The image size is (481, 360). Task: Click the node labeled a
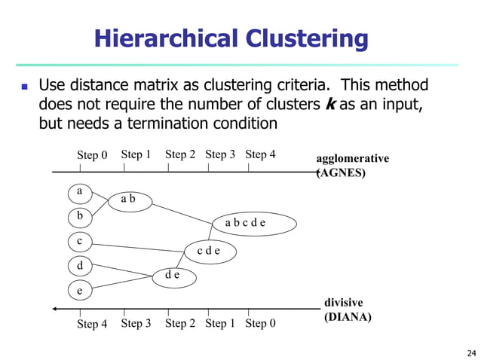click(80, 192)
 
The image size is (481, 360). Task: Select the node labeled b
click(80, 217)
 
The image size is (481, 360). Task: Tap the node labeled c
click(80, 242)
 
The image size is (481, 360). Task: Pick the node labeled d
click(80, 266)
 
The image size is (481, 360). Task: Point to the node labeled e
click(80, 290)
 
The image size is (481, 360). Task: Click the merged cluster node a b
click(128, 200)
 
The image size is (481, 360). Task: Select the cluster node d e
click(173, 276)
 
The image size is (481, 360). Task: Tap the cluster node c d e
click(209, 251)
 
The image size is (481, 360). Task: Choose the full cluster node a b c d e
click(245, 223)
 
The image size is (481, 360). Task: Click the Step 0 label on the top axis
click(92, 155)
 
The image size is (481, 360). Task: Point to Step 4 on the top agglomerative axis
click(260, 154)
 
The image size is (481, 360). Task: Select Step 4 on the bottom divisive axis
click(92, 324)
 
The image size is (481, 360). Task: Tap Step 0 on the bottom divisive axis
click(260, 323)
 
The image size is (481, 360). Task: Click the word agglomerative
click(352, 159)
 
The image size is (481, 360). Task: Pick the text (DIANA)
click(348, 317)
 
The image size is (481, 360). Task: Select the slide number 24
click(472, 352)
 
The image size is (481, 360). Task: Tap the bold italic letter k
click(329, 104)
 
